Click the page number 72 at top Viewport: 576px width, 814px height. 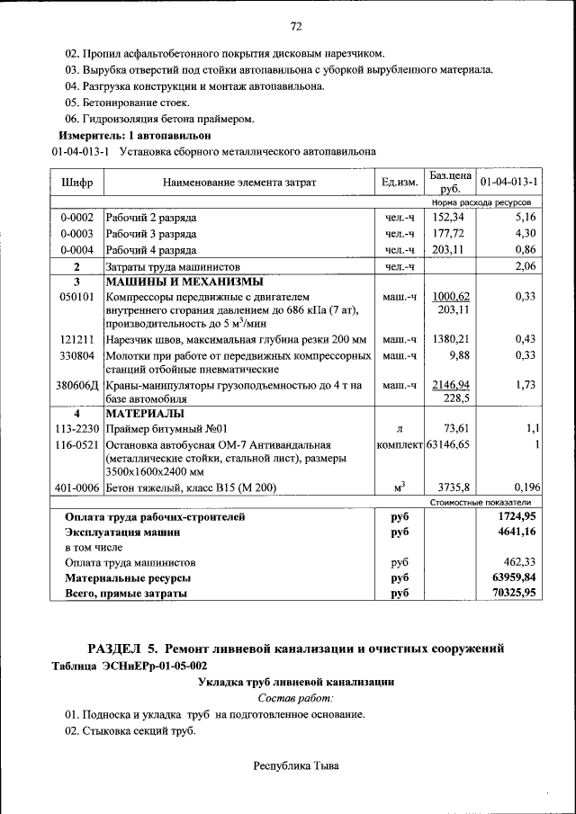294,24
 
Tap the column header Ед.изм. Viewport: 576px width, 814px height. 400,183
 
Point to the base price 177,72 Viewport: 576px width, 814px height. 450,234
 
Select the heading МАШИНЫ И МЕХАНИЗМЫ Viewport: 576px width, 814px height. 165,282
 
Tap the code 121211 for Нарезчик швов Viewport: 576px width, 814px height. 76,339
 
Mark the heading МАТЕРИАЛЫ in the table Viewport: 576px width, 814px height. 145,414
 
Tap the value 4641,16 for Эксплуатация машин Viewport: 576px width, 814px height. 513,532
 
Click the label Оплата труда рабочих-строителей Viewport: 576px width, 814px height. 155,517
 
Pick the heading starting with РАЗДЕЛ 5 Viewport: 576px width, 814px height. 294,648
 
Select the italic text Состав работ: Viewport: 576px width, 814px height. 295,697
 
